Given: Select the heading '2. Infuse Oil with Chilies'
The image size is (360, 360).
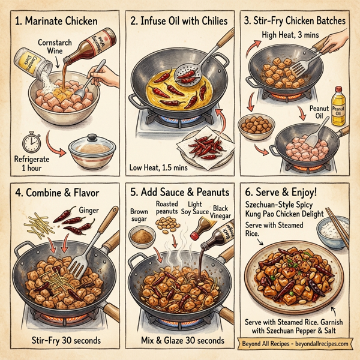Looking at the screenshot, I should pos(179,22).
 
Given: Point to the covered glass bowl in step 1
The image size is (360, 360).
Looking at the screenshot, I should pos(89,151).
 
